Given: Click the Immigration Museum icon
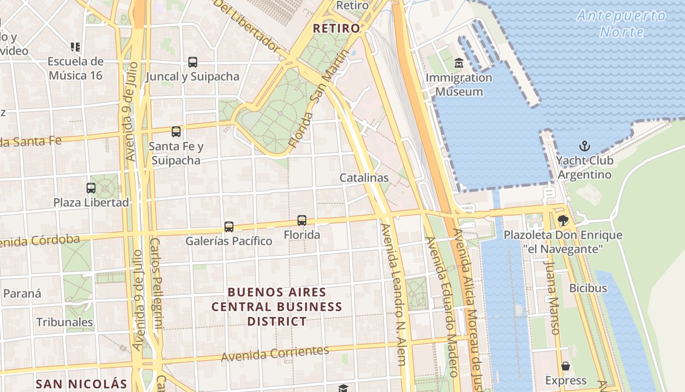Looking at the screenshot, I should [459, 63].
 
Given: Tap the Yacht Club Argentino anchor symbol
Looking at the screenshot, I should [584, 146].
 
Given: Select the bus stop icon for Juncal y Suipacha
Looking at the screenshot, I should [193, 62].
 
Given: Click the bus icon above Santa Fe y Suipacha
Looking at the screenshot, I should [176, 132].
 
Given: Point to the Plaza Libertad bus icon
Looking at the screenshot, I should [91, 188].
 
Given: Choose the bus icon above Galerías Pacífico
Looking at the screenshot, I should [229, 227].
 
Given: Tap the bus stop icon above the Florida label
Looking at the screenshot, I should [302, 220].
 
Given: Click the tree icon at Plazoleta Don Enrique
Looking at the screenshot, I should [563, 220].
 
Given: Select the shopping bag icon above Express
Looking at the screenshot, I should [566, 366].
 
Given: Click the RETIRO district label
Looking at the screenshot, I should [337, 28].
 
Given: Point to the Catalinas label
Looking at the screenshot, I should [364, 178].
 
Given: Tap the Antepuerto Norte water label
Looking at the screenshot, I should [622, 24].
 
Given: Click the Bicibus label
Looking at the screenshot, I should [588, 288].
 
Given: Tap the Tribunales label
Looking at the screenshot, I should [65, 322].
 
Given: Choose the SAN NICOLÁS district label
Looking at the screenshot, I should [81, 384].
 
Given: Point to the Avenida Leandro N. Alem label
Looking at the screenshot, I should [394, 294].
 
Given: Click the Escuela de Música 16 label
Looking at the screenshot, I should [76, 69].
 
